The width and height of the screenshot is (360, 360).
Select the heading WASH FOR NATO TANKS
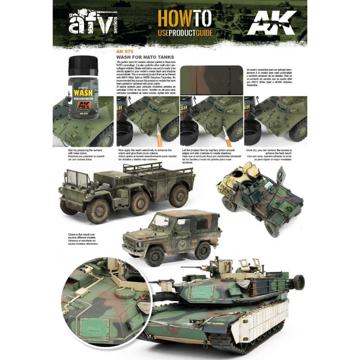pos(145,57)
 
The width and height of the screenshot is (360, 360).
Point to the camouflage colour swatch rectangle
pos(211,80)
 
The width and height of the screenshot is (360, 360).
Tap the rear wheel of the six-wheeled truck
pos(179,196)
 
